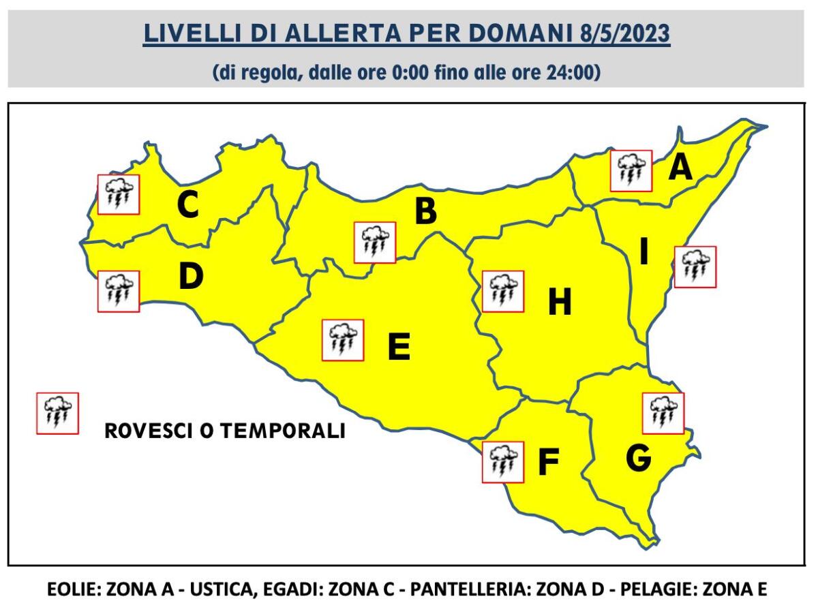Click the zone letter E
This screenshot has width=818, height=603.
(x=399, y=346)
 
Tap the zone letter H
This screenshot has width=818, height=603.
(x=560, y=302)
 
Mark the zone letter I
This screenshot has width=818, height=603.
(x=643, y=253)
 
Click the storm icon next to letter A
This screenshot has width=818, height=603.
(x=631, y=171)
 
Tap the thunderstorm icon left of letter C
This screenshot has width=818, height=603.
(x=119, y=195)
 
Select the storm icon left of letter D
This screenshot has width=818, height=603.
(x=119, y=291)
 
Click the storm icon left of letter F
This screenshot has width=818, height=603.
(x=502, y=462)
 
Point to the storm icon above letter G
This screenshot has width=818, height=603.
(x=663, y=413)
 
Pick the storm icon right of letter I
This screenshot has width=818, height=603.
(x=695, y=267)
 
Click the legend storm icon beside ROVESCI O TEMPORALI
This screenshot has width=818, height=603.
(x=57, y=413)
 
